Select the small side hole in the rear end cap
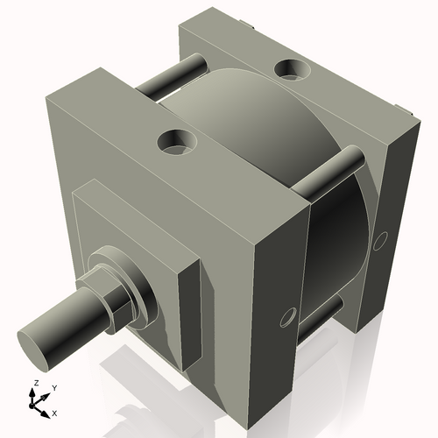pos(379,239)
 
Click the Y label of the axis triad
pos(53,387)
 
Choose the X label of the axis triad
pos(55,412)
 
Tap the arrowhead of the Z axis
pos(34,393)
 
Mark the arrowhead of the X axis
pos(46,411)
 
